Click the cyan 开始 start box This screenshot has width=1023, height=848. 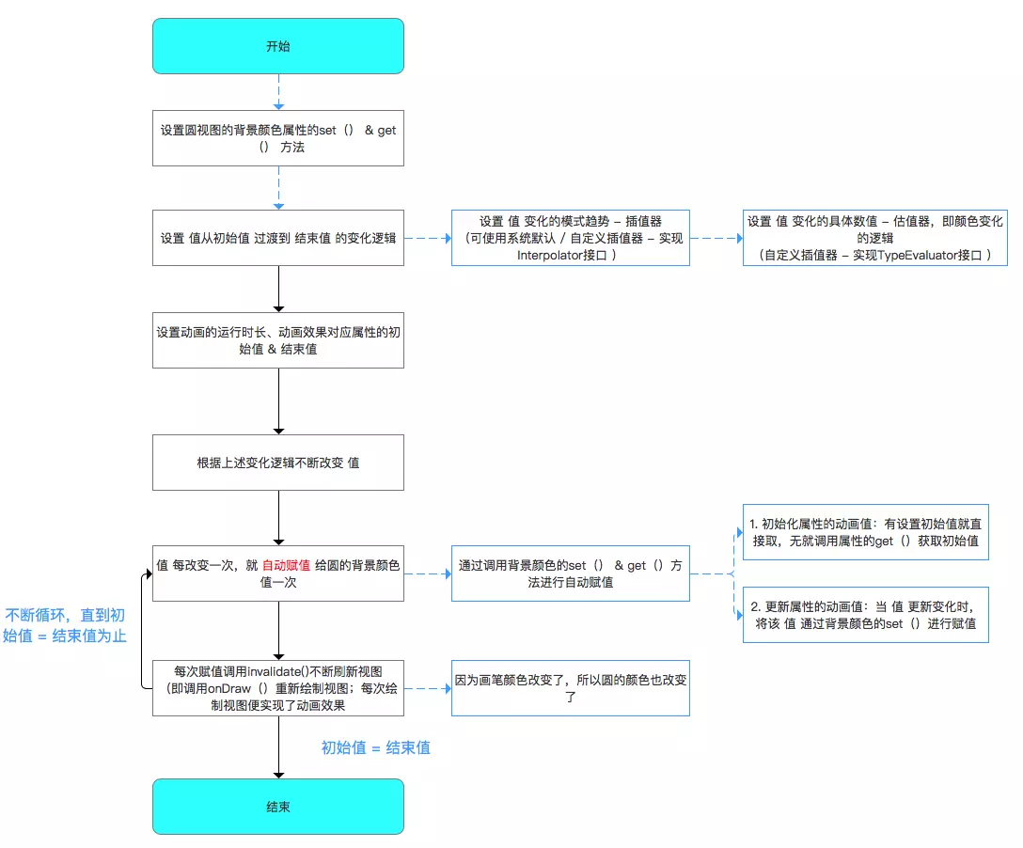pyautogui.click(x=278, y=46)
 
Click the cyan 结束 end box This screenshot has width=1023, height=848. pyautogui.click(x=278, y=807)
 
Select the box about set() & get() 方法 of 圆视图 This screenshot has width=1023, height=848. pyautogui.click(x=278, y=138)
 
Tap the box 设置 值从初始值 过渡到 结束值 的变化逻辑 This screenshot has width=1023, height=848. pyautogui.click(x=278, y=238)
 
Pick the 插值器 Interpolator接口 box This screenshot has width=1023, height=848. pyautogui.click(x=570, y=238)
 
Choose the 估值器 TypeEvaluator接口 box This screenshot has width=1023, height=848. pyautogui.click(x=874, y=238)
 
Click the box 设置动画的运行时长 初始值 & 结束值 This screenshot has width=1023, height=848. pyautogui.click(x=278, y=340)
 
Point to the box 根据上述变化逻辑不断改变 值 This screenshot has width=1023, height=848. pyautogui.click(x=278, y=463)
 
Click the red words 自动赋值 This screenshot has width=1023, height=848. pyautogui.click(x=286, y=565)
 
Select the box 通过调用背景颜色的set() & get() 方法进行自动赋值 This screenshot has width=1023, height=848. pyautogui.click(x=570, y=573)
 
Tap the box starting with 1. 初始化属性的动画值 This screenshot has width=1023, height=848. pyautogui.click(x=866, y=532)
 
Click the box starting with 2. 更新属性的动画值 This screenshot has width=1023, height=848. pyautogui.click(x=866, y=615)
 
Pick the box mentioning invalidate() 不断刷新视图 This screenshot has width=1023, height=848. pyautogui.click(x=278, y=688)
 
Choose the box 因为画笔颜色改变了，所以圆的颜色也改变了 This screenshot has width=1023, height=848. pyautogui.click(x=570, y=688)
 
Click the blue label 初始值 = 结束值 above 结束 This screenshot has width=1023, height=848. pyautogui.click(x=376, y=747)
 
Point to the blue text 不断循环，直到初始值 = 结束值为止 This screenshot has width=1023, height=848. pyautogui.click(x=64, y=625)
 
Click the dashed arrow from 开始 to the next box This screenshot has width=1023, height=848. pyautogui.click(x=278, y=92)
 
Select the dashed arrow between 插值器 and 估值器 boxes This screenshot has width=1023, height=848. pyautogui.click(x=716, y=238)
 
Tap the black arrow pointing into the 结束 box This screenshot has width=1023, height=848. pyautogui.click(x=278, y=746)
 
